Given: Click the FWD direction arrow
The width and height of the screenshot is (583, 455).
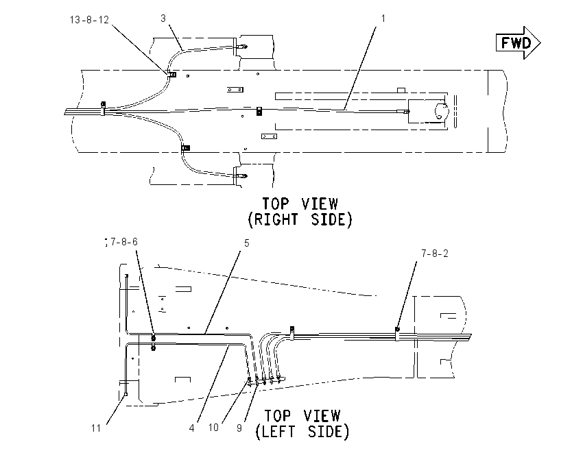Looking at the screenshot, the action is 519,42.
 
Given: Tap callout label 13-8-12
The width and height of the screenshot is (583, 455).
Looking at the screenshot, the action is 89,20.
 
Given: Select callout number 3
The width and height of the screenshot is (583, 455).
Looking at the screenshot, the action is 163,19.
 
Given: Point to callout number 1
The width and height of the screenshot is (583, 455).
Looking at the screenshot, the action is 383,19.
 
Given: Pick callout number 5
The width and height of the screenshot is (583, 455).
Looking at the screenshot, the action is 246,243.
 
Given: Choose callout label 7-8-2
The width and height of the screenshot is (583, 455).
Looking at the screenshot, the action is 435,254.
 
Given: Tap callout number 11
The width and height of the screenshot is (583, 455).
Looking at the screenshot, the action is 96,428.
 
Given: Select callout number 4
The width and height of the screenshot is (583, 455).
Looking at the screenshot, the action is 192,428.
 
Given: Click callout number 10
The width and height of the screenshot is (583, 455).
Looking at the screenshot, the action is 213,428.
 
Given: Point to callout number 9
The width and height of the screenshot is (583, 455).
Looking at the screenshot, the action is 239,428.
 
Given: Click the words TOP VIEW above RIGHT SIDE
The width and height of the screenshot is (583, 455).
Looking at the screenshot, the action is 300,204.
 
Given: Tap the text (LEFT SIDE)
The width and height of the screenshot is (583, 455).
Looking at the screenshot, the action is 302,432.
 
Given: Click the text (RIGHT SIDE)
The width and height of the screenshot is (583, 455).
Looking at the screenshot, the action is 300,219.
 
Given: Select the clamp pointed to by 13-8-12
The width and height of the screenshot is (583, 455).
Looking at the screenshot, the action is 172,74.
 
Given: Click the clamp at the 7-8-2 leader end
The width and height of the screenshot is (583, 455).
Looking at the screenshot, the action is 397,330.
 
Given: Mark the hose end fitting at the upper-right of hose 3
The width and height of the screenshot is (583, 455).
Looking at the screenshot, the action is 243,47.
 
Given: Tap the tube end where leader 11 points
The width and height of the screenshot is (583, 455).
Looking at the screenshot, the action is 126,394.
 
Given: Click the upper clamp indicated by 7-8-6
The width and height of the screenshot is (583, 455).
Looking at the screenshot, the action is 153,338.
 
